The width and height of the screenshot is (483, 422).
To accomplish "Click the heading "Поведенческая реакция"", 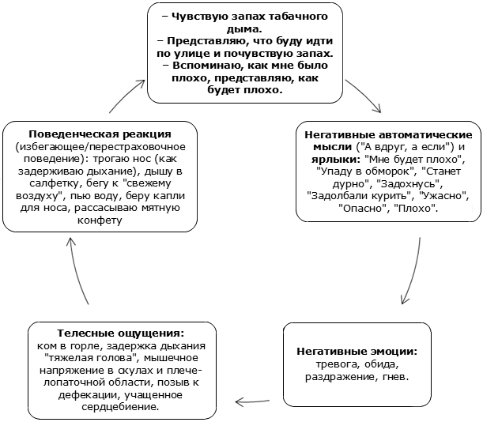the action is (x=100, y=134).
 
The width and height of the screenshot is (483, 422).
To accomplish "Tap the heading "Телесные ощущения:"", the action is (x=120, y=333).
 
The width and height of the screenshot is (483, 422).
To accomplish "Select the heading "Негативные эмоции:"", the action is (x=357, y=352).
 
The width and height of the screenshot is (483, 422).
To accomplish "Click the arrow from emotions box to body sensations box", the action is (x=252, y=401).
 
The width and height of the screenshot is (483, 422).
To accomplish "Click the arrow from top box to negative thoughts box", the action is (x=366, y=95).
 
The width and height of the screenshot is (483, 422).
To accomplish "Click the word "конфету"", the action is (x=100, y=220).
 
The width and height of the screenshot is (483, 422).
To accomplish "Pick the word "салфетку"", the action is (x=54, y=183).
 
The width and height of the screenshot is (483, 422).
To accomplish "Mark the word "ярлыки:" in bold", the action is (x=335, y=160).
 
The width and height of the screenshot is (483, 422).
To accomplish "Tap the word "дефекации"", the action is (x=88, y=395).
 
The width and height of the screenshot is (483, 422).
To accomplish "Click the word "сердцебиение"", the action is (x=120, y=407).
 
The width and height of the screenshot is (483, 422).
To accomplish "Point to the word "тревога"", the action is (x=338, y=364).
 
